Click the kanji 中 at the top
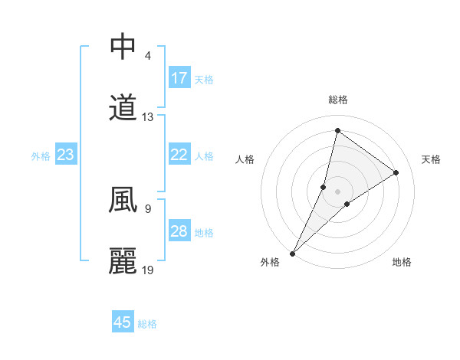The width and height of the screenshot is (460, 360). point(123,47)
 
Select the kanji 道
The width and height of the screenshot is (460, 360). point(123,109)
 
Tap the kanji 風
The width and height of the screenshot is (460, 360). point(123,201)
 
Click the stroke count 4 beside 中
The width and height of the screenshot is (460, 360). point(147,56)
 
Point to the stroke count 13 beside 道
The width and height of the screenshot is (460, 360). point(148,117)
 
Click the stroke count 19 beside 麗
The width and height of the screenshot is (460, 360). point(148,270)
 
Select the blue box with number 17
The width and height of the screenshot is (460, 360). point(179,78)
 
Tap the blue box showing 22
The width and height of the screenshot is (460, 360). point(179,155)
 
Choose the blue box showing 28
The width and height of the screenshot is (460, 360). point(179,231)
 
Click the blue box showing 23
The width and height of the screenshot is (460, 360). point(66,155)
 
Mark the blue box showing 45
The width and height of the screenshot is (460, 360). point(123,322)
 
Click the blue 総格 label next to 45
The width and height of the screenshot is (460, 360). point(147,324)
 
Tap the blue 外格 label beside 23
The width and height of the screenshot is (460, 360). point(41,156)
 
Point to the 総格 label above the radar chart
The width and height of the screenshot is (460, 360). point(338,100)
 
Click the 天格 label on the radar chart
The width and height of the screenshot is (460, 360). point(431,159)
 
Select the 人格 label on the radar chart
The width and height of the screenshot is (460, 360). point(245,159)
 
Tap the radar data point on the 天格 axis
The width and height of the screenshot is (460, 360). point(396,172)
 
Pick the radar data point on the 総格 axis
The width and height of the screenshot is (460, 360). point(337,131)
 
